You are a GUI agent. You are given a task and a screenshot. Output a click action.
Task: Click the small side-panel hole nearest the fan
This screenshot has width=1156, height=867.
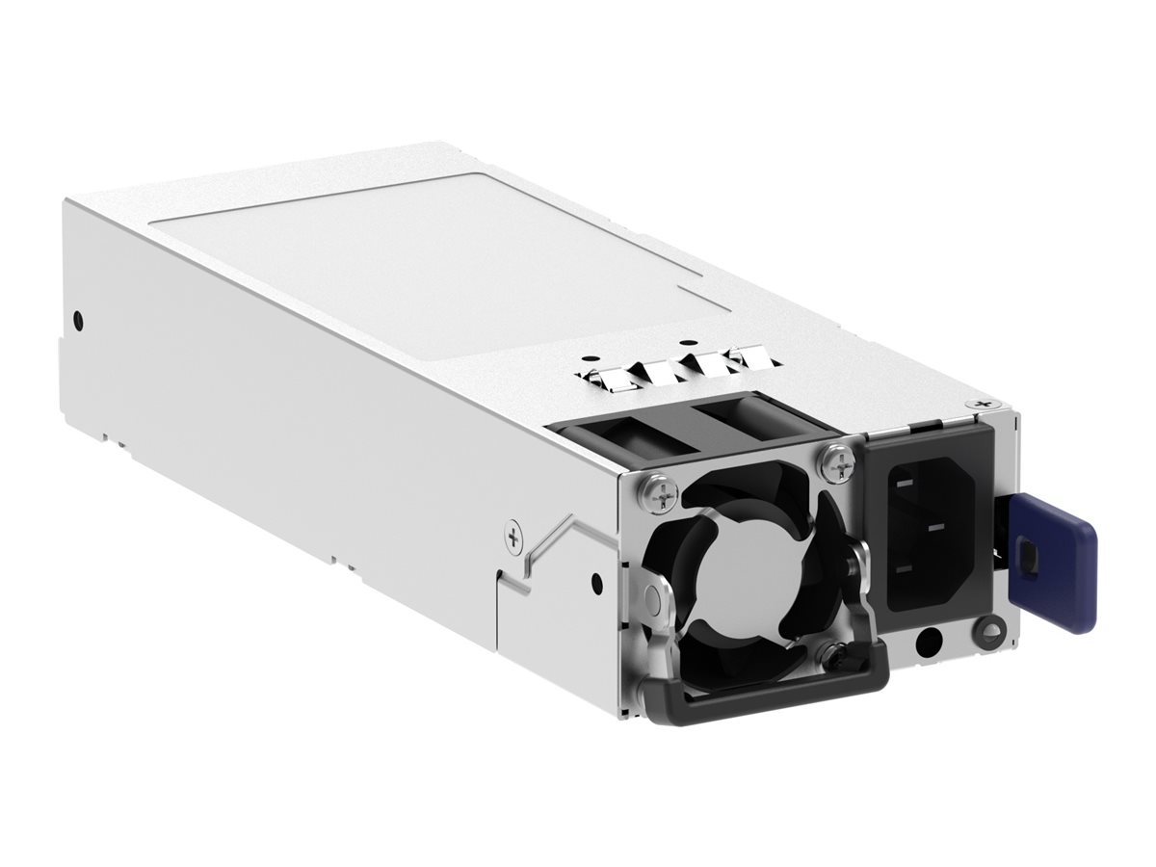click(596, 581)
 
